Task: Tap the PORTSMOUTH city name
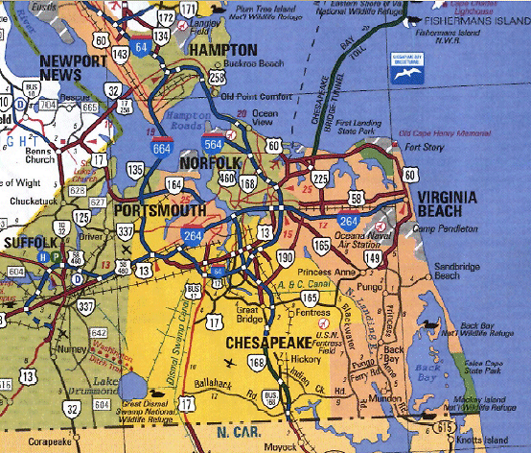159,209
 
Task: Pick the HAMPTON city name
223,50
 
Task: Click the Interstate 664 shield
163,146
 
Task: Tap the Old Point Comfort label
254,96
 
